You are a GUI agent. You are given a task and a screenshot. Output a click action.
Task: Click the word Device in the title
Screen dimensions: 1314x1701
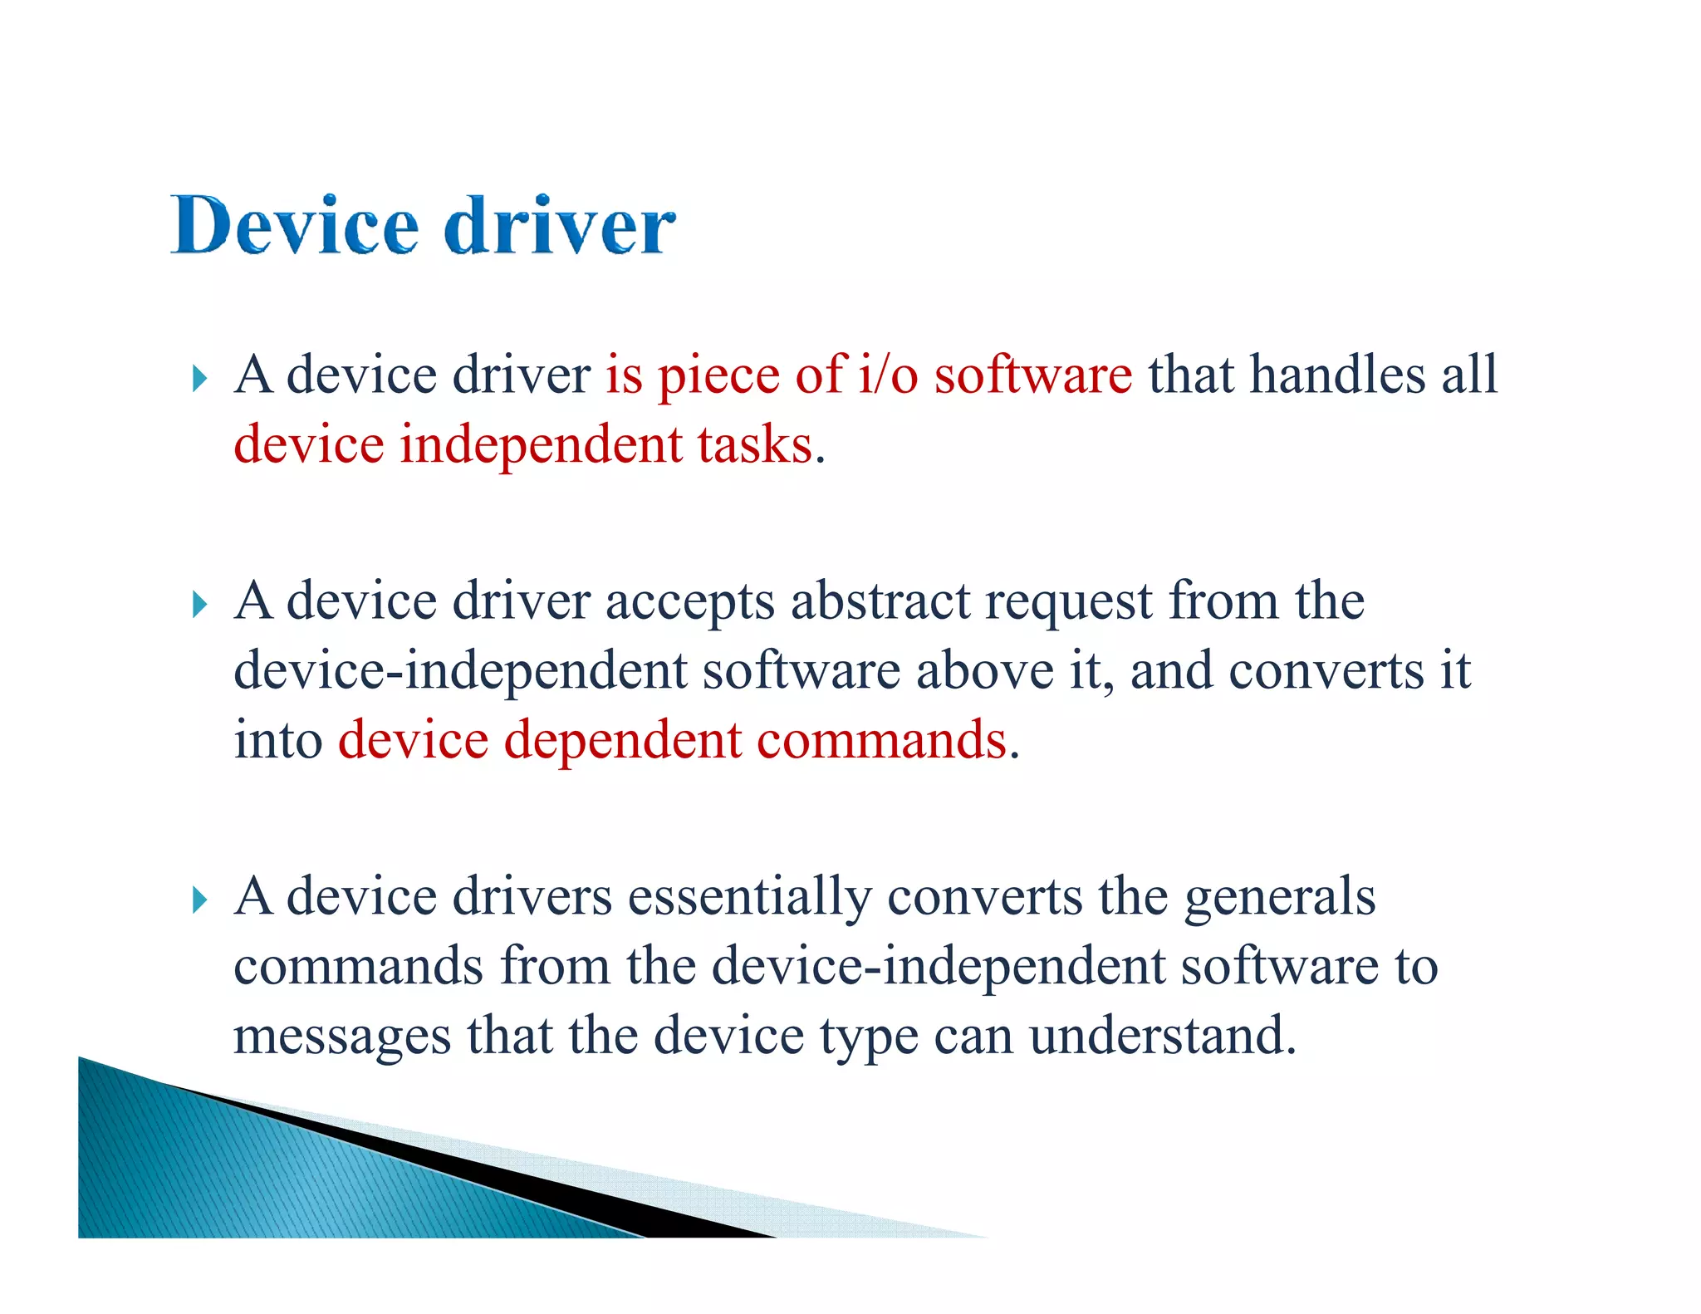[295, 225]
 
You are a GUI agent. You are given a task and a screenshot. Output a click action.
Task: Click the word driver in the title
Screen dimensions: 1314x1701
[560, 225]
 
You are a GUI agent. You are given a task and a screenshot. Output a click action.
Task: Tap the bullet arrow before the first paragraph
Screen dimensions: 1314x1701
[199, 379]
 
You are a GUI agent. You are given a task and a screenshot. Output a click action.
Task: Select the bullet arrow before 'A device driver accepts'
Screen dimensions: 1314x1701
[199, 604]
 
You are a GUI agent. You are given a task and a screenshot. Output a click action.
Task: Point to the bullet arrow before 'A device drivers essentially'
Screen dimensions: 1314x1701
[199, 900]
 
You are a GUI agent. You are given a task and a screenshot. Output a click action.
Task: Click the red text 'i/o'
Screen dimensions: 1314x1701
[888, 375]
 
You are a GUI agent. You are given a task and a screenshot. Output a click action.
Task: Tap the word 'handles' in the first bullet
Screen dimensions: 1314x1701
[1338, 375]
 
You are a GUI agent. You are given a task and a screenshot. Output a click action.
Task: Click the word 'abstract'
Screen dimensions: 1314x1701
[880, 601]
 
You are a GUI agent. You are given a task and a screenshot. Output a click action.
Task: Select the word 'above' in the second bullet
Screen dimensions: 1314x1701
[984, 670]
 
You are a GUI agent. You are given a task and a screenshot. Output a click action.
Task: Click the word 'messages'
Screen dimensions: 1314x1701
[342, 1037]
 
